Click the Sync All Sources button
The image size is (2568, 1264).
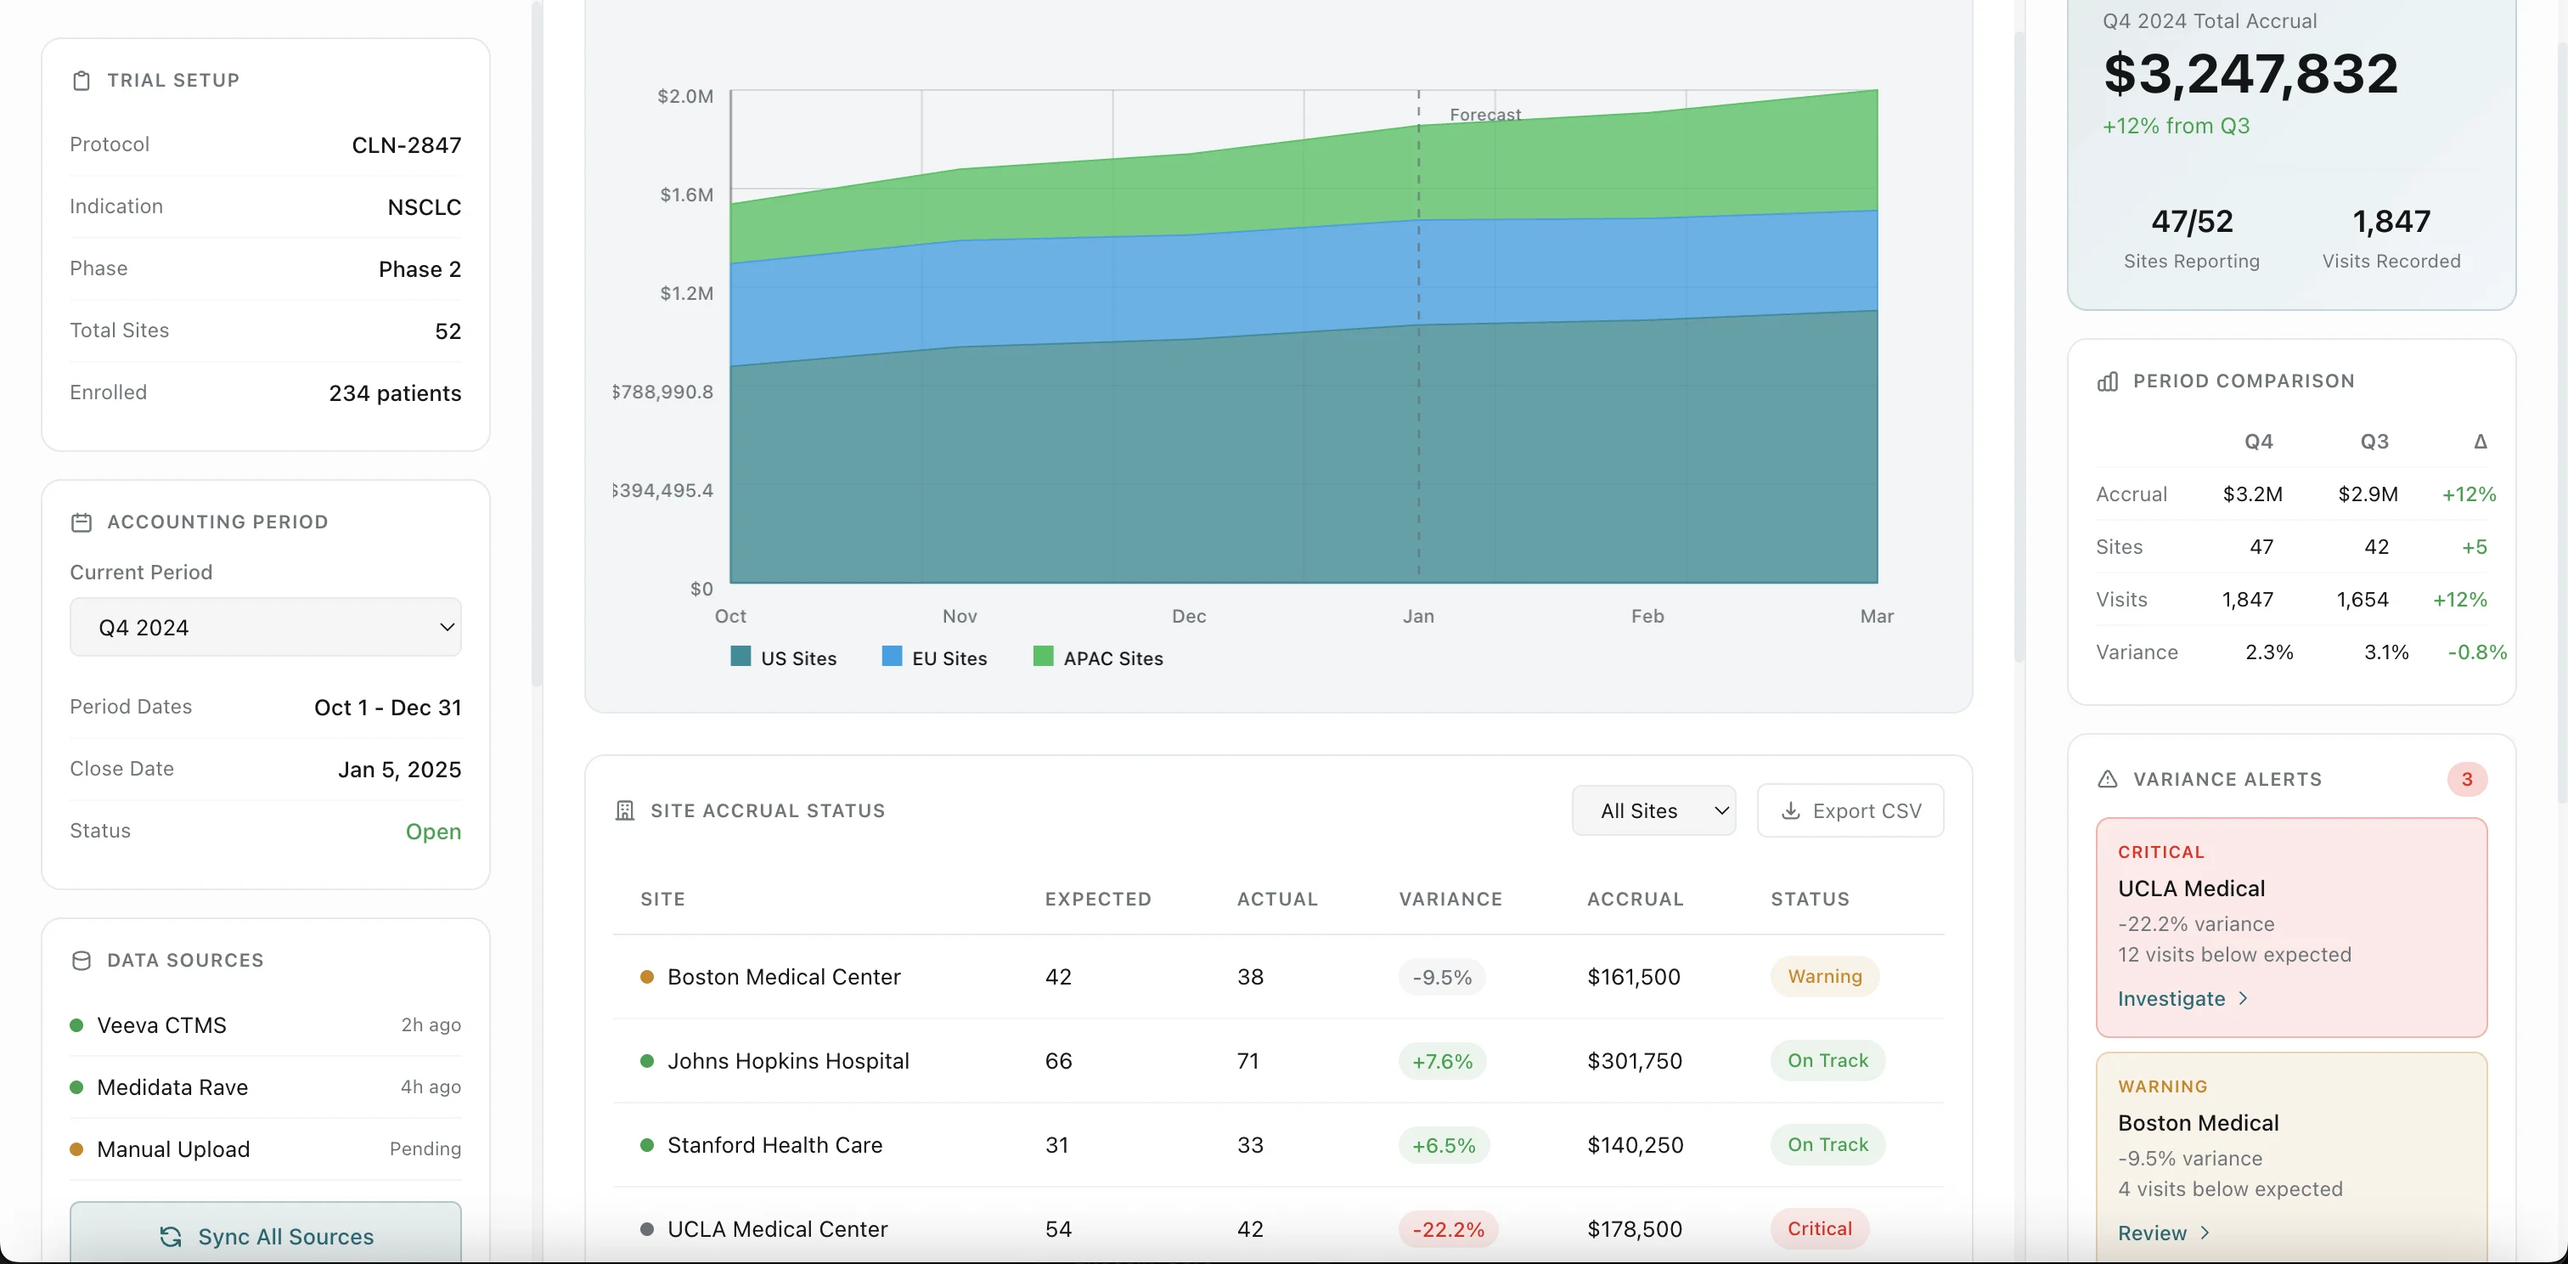(265, 1236)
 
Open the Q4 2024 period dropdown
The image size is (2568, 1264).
(265, 627)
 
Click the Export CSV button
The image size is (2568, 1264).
(1850, 810)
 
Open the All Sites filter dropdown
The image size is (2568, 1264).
(1653, 810)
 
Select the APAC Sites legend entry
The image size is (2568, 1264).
(1099, 658)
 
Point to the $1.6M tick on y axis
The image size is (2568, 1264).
(686, 195)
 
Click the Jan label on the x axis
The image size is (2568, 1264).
(1417, 616)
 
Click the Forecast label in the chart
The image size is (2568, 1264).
(1484, 115)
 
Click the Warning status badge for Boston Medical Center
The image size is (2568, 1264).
(1824, 976)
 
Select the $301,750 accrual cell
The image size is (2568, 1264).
(1634, 1061)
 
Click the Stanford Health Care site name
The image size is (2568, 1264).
(774, 1144)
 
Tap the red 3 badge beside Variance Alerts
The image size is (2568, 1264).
(2466, 779)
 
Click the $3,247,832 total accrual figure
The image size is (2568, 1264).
(2250, 74)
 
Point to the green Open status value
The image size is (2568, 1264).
(432, 832)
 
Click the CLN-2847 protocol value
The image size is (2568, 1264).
(406, 145)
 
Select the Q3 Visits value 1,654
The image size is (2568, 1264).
(2362, 599)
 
